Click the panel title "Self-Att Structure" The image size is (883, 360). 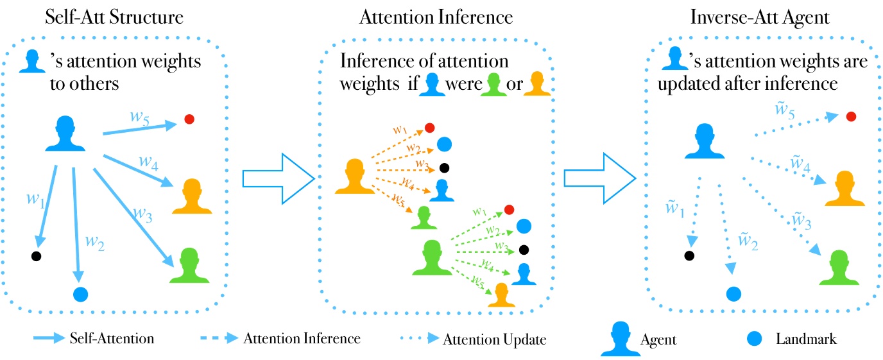pos(114,17)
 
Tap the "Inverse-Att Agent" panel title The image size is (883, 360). pos(760,17)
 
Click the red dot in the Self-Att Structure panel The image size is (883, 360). pos(189,119)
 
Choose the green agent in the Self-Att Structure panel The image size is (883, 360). pos(189,266)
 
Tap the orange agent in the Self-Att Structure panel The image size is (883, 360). pos(192,196)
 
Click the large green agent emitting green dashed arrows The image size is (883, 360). pos(431,257)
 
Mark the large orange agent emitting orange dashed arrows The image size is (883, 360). pos(355,176)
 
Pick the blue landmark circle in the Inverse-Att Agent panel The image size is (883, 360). pos(734,294)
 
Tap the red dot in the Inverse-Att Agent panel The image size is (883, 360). pos(850,116)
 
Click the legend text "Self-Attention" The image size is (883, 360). pos(112,338)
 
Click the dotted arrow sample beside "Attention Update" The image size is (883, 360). pos(416,338)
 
